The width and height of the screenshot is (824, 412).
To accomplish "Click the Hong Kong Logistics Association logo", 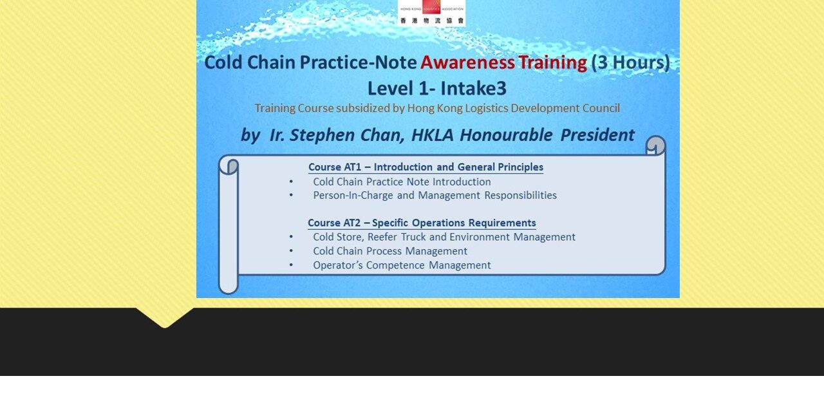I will (431, 12).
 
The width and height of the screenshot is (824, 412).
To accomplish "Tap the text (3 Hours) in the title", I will (630, 62).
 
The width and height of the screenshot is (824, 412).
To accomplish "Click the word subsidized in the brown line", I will (362, 108).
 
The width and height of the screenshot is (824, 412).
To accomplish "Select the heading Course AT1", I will (333, 167).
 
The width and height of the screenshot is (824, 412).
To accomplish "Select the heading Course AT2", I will (333, 223).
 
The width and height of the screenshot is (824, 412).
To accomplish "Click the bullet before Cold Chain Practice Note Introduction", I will (292, 182).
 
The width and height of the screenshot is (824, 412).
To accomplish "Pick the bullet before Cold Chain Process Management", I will (292, 251).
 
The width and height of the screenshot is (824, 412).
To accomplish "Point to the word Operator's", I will (338, 265).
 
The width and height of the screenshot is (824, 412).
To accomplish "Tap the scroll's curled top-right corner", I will (655, 145).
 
